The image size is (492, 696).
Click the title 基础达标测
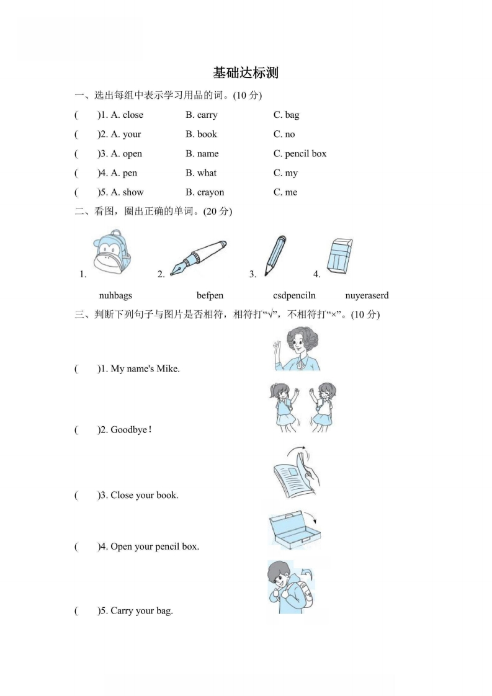(x=246, y=73)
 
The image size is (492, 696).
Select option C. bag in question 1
(x=286, y=115)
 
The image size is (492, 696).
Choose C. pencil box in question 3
(x=300, y=153)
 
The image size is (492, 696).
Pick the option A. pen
(x=123, y=172)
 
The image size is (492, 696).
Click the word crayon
(x=210, y=192)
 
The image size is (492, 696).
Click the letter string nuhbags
(x=115, y=296)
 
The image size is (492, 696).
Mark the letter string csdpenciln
(x=294, y=296)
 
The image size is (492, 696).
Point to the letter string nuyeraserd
(x=367, y=296)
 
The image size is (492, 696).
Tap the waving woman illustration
(x=297, y=349)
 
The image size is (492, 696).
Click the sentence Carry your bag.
(x=141, y=611)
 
